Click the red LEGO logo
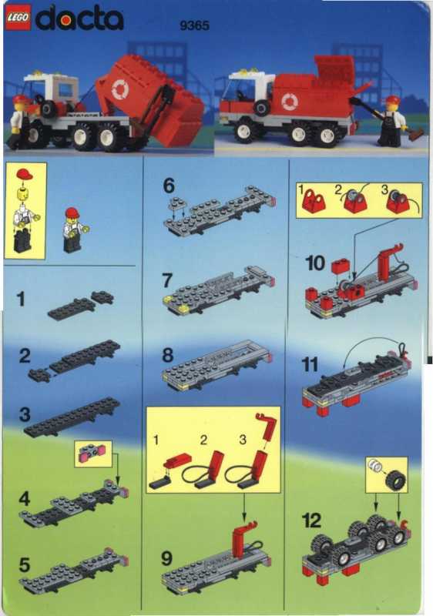click(18, 18)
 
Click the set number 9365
click(194, 26)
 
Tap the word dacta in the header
click(79, 19)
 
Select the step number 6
click(169, 186)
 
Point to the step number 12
click(311, 521)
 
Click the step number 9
click(166, 558)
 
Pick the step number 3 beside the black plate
click(25, 414)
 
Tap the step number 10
click(315, 263)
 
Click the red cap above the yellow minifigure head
click(25, 174)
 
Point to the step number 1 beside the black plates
click(21, 299)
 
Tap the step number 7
click(167, 280)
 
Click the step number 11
click(310, 365)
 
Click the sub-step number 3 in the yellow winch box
click(384, 190)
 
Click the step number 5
click(25, 565)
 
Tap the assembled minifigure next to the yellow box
click(74, 229)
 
